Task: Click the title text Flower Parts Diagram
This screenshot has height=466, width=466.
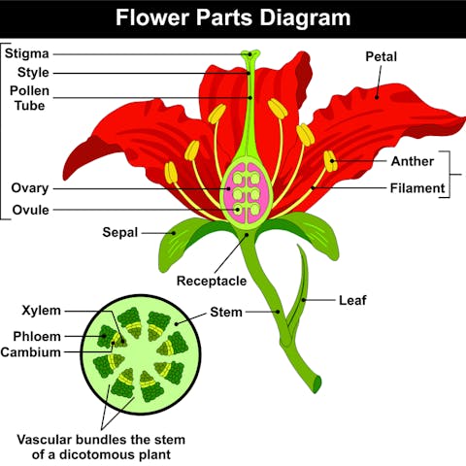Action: [x=233, y=17]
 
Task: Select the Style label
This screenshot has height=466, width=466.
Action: [x=34, y=73]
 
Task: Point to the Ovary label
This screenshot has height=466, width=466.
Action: [x=30, y=187]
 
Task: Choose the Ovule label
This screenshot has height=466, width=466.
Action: [x=31, y=210]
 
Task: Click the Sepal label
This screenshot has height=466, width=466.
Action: [x=120, y=232]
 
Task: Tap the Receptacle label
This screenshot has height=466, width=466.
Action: [x=212, y=282]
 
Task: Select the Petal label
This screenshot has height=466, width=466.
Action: [x=381, y=56]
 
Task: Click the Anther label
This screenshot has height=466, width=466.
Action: [x=412, y=160]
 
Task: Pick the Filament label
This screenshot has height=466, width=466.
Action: [x=417, y=187]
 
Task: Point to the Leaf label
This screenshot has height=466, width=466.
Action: [x=351, y=300]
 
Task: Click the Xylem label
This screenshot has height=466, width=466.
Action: [x=42, y=311]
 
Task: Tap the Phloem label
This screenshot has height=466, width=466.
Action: [x=39, y=336]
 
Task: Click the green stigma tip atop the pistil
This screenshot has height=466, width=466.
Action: [x=251, y=54]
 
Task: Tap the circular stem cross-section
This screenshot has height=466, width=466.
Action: [x=135, y=354]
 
